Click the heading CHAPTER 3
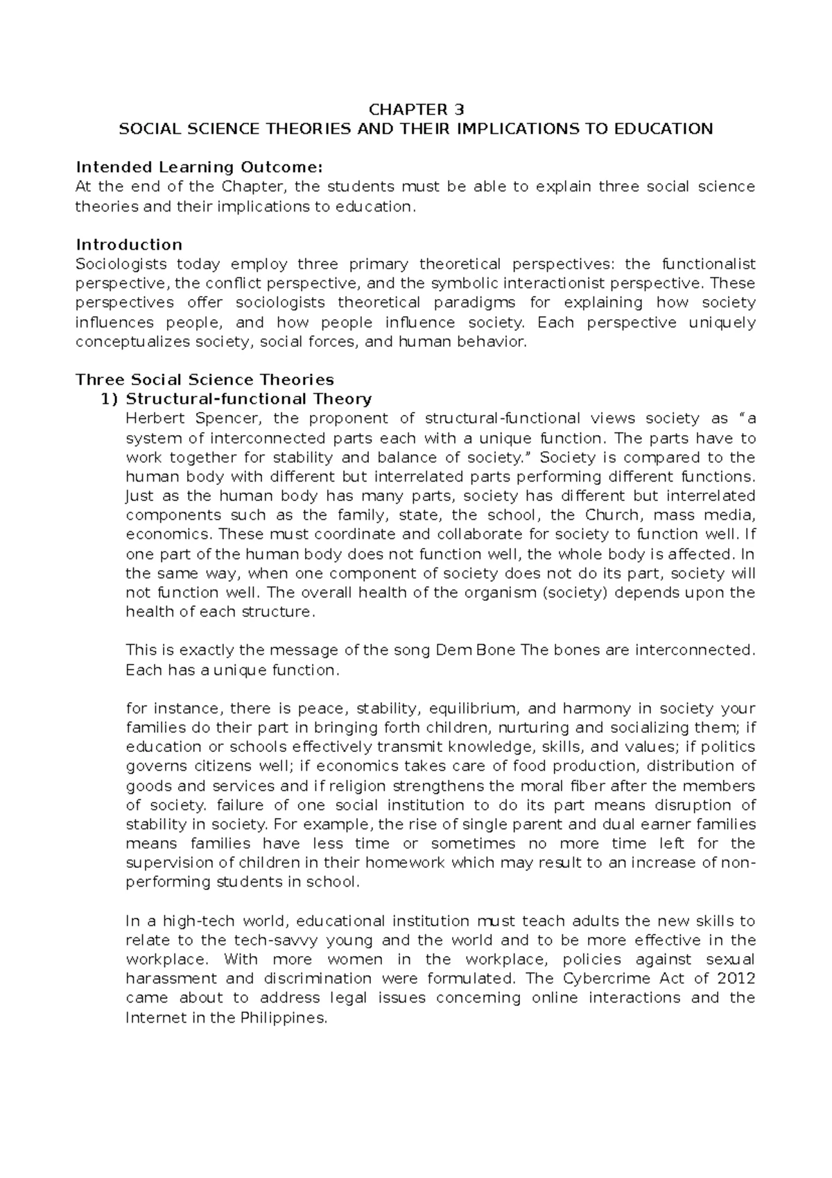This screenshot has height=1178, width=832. coord(416,110)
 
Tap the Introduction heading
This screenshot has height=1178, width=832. coord(129,245)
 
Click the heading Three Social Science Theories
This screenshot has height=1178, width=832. coord(205,379)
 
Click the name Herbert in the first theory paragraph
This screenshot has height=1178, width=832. coord(150,418)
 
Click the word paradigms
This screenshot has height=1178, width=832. coord(474,302)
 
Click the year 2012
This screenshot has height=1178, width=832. coord(736,979)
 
